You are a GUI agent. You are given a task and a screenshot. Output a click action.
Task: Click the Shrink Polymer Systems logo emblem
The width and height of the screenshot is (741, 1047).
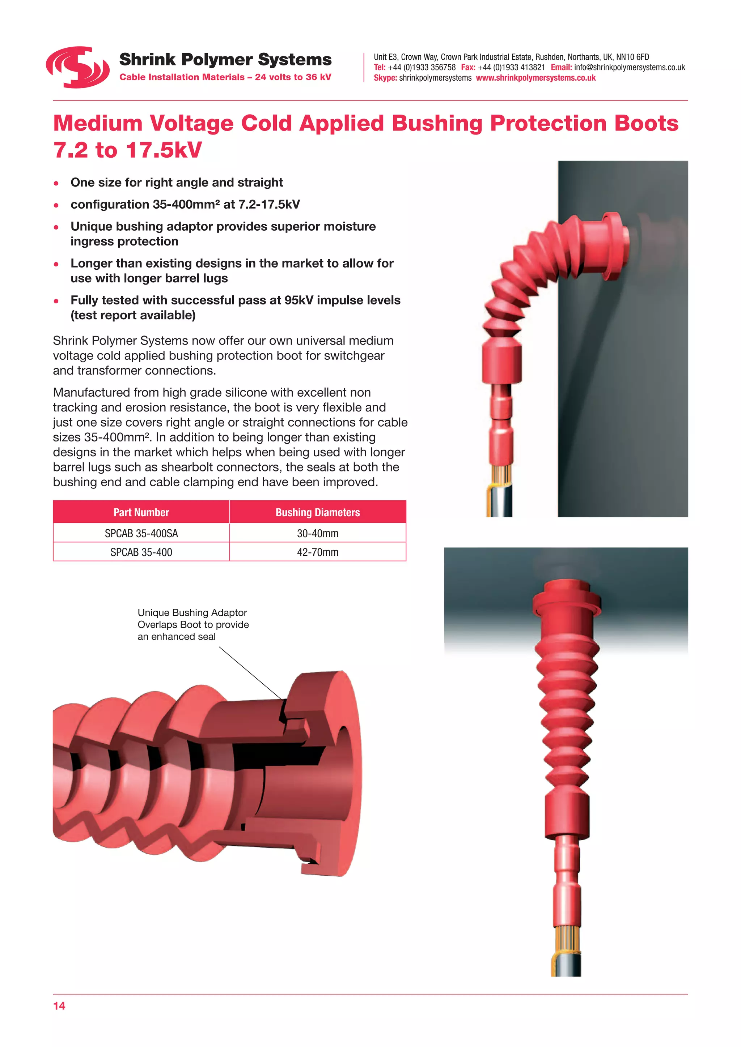(x=77, y=67)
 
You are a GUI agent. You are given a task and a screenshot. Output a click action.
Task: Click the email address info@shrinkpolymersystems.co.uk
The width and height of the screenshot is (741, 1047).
(x=629, y=68)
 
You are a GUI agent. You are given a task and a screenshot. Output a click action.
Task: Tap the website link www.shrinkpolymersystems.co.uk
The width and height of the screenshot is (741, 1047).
(x=536, y=78)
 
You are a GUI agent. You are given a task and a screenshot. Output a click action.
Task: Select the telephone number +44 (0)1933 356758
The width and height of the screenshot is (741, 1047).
(x=421, y=68)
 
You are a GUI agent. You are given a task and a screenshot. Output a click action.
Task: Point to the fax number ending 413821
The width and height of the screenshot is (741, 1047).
(x=511, y=68)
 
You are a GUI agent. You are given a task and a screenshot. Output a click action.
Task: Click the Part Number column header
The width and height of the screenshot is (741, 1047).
(x=141, y=513)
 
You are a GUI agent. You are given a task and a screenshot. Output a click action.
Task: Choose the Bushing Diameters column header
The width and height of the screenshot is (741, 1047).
(x=318, y=513)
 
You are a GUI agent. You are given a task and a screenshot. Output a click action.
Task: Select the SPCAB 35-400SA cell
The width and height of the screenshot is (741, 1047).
(x=141, y=533)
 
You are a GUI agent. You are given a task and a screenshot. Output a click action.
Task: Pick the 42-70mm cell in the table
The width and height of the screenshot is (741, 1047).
(x=318, y=552)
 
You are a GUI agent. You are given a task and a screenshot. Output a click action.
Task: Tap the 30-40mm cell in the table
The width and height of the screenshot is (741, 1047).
(x=318, y=533)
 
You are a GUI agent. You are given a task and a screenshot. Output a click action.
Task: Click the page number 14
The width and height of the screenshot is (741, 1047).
(x=59, y=1006)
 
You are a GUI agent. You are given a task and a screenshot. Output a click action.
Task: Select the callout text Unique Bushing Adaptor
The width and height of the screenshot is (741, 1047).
(x=192, y=612)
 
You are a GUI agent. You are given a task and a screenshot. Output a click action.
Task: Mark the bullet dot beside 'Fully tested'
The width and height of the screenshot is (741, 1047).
(x=56, y=301)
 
